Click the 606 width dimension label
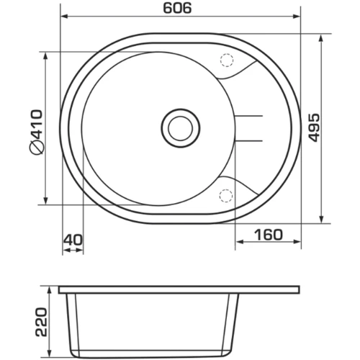click(177, 8)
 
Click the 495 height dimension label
click(314, 127)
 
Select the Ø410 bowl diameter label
click(37, 132)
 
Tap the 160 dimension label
click(269, 235)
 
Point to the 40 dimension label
click(73, 240)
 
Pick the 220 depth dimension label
click(41, 322)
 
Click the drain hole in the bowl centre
click(181, 128)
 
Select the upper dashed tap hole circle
click(227, 60)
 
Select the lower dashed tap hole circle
click(226, 196)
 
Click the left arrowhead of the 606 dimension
click(64, 17)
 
